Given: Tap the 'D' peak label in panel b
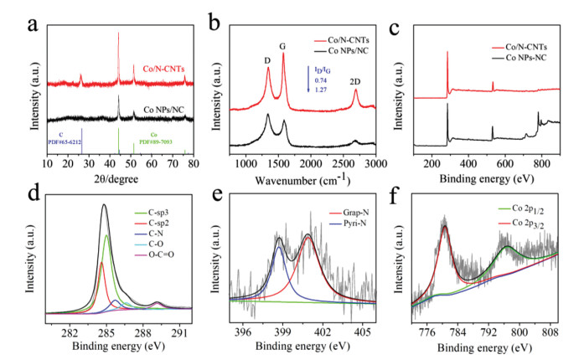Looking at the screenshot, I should pyautogui.click(x=267, y=59).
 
